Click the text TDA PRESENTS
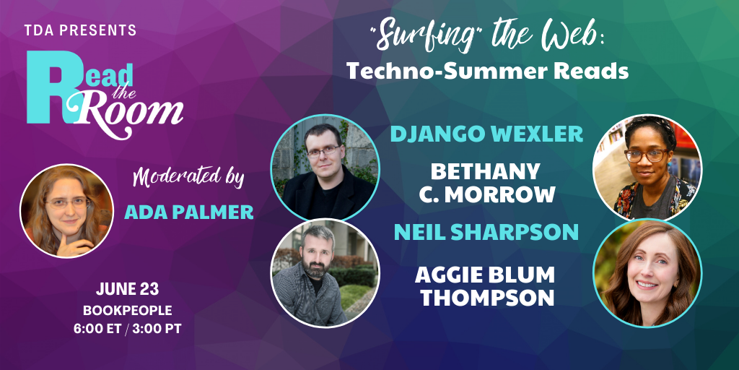[81, 30]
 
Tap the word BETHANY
[486, 172]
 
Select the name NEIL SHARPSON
[486, 232]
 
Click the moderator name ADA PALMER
[189, 212]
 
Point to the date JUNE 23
[127, 289]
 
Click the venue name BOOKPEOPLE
[127, 311]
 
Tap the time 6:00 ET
[97, 329]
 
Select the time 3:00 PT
[157, 329]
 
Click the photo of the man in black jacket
[325, 168]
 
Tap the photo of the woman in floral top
[647, 168]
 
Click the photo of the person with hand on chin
[66, 210]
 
